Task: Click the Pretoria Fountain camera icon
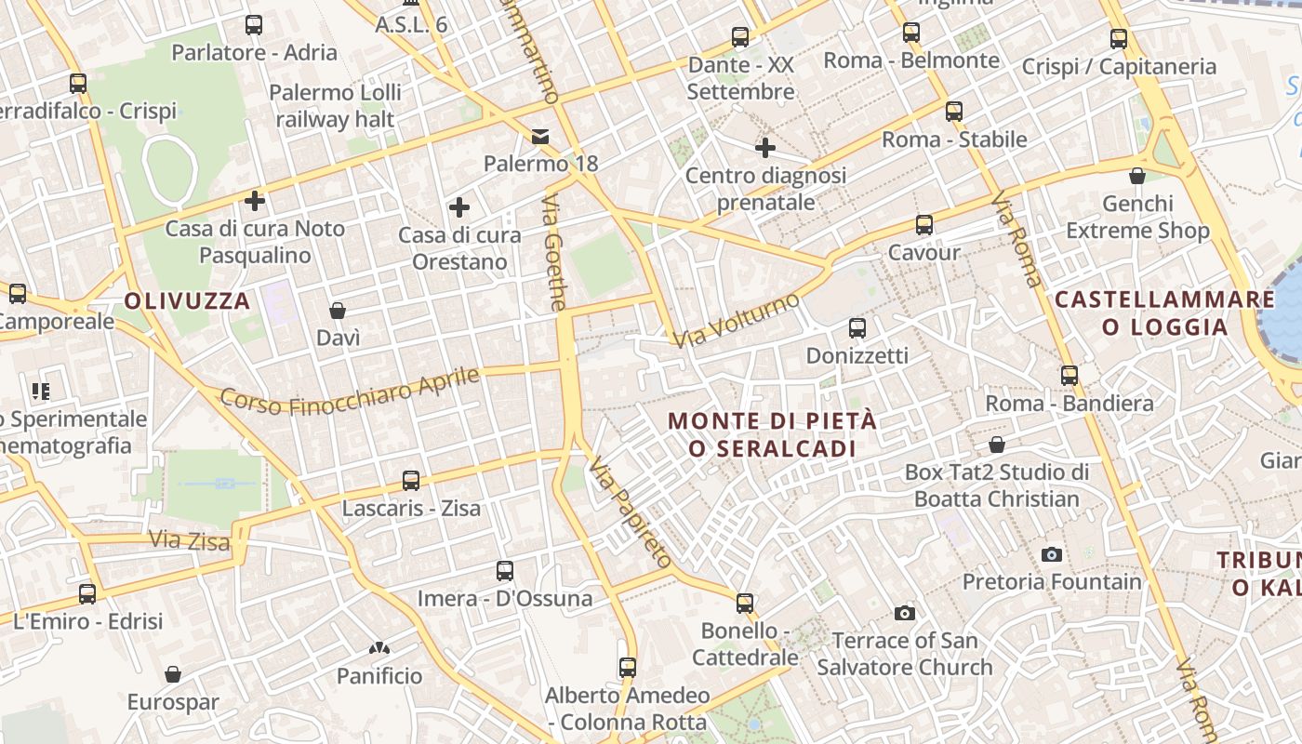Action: click(x=1052, y=554)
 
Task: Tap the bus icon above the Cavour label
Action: click(x=923, y=225)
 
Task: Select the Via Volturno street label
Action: click(x=737, y=320)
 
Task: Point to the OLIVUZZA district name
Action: click(x=187, y=301)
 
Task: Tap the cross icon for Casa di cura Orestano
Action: click(x=458, y=207)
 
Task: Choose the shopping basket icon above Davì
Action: click(x=338, y=311)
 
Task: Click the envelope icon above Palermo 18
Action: click(x=540, y=137)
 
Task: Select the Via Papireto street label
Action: click(x=630, y=512)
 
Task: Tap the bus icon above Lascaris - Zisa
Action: click(x=411, y=481)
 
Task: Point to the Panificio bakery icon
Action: click(x=379, y=648)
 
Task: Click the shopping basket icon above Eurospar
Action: click(x=172, y=674)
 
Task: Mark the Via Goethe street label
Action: click(x=555, y=252)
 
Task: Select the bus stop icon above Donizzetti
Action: click(x=857, y=328)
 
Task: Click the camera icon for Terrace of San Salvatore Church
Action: click(x=904, y=613)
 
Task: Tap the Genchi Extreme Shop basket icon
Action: click(x=1136, y=176)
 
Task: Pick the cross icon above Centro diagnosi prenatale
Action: click(x=765, y=148)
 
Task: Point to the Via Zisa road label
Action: click(x=189, y=540)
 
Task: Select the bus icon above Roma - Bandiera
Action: click(x=1069, y=376)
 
